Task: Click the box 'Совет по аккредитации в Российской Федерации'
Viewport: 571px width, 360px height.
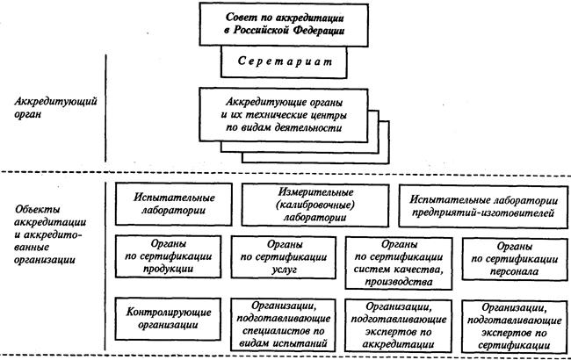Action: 284,25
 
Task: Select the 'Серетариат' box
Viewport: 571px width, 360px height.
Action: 284,62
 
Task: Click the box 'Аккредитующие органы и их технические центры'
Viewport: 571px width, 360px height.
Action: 284,115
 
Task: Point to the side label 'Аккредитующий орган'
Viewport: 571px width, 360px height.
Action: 55,107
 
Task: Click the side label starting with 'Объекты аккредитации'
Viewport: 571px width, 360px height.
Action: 50,234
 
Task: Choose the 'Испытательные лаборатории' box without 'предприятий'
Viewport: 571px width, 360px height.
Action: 174,205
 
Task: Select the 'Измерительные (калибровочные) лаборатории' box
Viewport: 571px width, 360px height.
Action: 315,205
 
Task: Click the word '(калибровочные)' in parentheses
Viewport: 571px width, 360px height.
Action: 315,205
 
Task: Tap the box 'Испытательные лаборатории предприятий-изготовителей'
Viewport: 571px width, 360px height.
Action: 483,206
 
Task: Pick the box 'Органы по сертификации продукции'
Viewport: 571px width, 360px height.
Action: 169,256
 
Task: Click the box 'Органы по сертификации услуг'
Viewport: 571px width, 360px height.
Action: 284,257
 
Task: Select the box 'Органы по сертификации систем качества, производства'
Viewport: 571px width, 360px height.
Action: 399,263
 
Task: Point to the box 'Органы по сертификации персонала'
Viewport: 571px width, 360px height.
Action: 515,259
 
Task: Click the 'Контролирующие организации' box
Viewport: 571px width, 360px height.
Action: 168,319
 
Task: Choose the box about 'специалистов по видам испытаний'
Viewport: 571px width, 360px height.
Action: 284,325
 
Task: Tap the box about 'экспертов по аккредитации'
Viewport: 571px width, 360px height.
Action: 399,326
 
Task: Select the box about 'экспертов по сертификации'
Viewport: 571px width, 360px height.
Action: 515,327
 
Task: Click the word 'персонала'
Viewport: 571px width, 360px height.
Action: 514,272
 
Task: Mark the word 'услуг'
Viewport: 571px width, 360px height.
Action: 284,270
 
